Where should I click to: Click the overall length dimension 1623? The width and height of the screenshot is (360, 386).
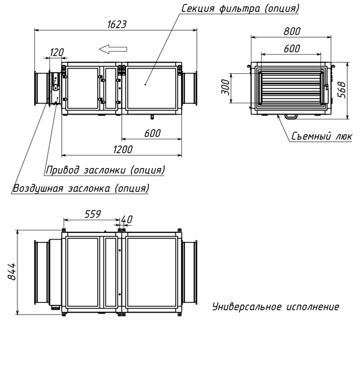(x=117, y=24)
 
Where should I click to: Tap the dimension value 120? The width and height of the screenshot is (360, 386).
(x=55, y=53)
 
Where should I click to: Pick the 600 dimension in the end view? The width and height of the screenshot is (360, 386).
(x=292, y=50)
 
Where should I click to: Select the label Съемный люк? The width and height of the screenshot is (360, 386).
(x=322, y=136)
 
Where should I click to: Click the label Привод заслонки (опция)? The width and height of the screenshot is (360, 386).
(x=106, y=170)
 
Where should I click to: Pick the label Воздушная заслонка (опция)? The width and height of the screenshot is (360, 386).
(x=80, y=188)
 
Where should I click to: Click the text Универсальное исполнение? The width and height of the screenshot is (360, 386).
(x=275, y=307)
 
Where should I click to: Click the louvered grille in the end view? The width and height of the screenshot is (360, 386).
(x=291, y=89)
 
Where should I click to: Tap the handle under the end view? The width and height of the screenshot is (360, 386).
(x=291, y=116)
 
